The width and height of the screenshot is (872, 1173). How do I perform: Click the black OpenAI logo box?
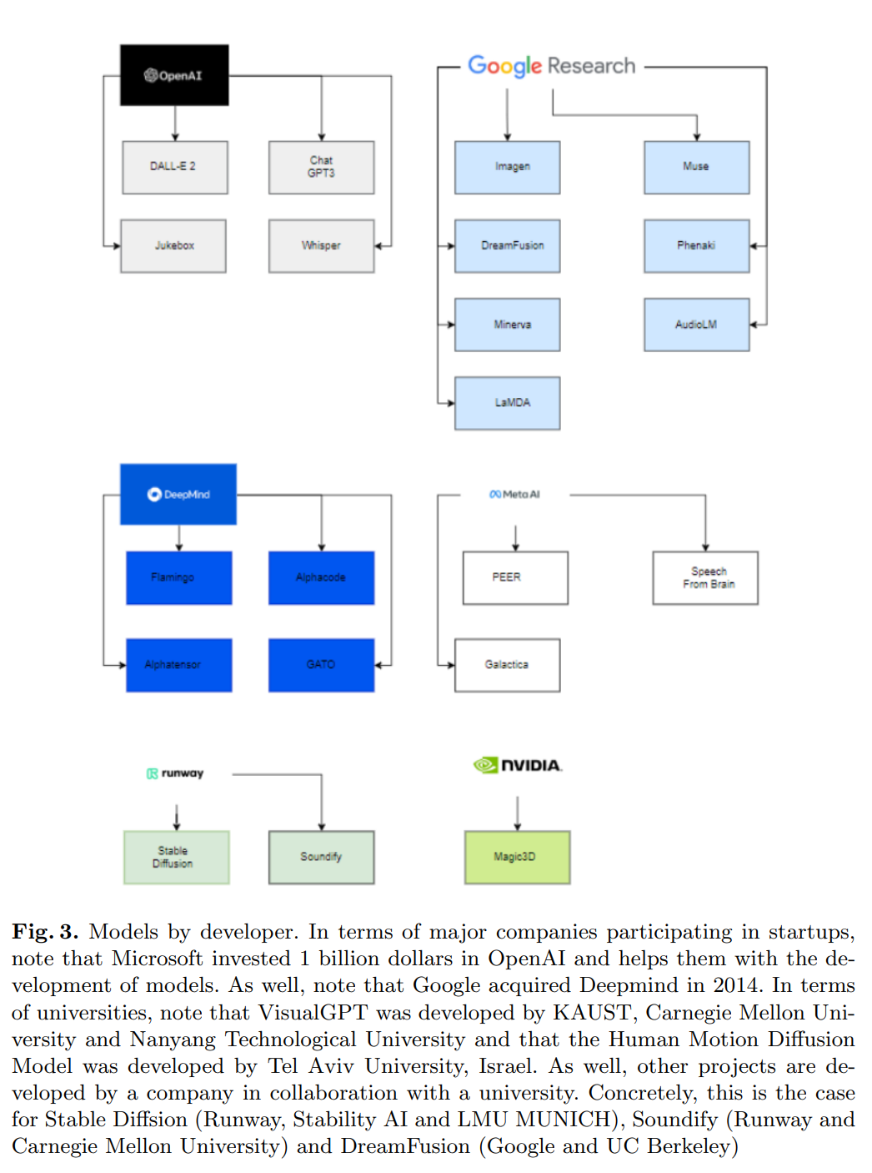(174, 75)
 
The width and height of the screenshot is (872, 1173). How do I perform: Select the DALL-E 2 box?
(175, 167)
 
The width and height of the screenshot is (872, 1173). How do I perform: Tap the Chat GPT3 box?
(321, 167)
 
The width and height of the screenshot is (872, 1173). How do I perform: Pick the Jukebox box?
(173, 246)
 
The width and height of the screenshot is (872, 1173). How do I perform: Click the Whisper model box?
(321, 246)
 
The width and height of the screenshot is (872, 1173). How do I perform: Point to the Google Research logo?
(551, 66)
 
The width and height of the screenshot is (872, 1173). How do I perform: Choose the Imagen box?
(507, 167)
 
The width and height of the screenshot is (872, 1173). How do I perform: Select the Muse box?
(696, 167)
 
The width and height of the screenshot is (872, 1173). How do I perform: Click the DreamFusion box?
(507, 246)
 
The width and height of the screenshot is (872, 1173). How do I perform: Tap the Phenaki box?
(696, 246)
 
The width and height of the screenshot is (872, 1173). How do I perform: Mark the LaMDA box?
(507, 403)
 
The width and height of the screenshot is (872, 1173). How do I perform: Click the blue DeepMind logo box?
(178, 494)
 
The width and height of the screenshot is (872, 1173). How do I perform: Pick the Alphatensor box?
(178, 665)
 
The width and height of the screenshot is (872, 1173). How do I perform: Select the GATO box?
(321, 665)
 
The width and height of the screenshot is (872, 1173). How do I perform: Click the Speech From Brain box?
(705, 577)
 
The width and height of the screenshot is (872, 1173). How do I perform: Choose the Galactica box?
(507, 665)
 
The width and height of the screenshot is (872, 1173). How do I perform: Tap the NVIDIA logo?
(518, 765)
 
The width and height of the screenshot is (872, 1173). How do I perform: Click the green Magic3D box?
(517, 857)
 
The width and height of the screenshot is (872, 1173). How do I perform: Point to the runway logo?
(175, 773)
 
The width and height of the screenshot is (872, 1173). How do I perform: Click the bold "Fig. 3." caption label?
(45, 932)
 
